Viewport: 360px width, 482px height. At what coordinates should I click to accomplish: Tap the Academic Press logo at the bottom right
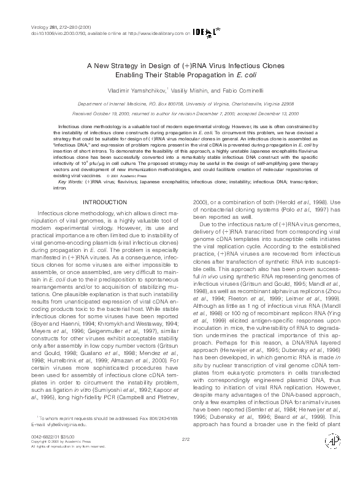click(334, 459)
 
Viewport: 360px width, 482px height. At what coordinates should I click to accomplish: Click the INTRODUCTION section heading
click(104, 202)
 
